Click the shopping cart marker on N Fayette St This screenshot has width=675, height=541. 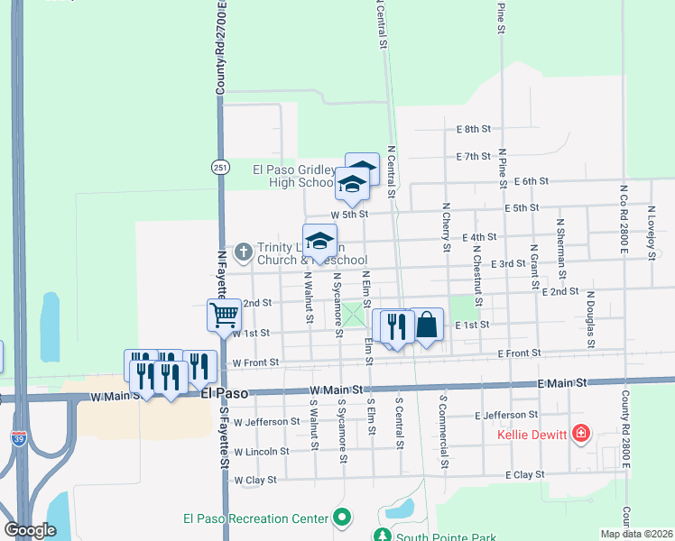(224, 315)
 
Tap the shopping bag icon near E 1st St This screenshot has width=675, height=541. (427, 325)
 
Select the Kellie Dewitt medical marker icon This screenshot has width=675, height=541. (581, 436)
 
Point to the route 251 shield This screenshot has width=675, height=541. (220, 168)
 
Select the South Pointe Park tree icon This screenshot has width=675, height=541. (382, 536)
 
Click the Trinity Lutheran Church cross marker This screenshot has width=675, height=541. (243, 253)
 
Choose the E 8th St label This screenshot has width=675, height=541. (473, 130)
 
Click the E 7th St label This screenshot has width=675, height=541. (474, 156)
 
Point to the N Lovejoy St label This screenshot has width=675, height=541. (651, 232)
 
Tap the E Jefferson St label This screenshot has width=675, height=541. (507, 415)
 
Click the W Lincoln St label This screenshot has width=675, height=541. (261, 451)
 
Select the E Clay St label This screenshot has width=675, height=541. (526, 474)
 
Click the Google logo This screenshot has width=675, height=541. (30, 530)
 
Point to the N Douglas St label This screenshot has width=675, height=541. (590, 318)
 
